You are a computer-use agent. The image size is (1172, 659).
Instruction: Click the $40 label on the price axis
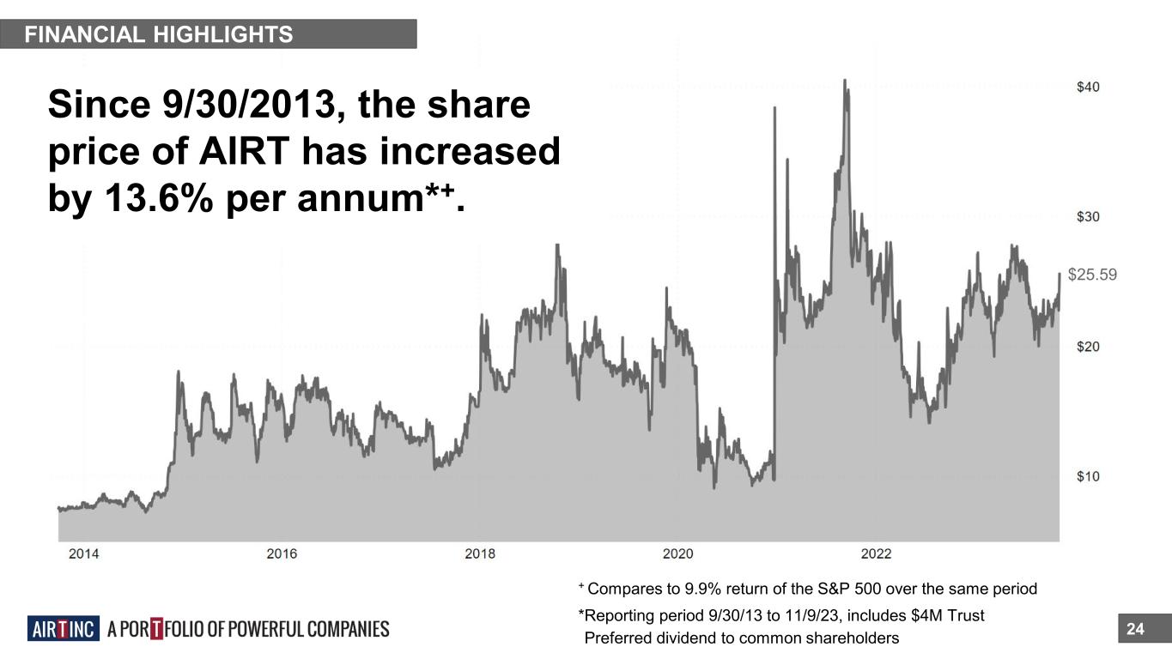pyautogui.click(x=1089, y=87)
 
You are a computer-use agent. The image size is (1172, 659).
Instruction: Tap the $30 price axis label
pyautogui.click(x=1089, y=216)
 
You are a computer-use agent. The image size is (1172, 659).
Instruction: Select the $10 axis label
pyautogui.click(x=1089, y=476)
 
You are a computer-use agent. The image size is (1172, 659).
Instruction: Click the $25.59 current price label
pyautogui.click(x=1092, y=275)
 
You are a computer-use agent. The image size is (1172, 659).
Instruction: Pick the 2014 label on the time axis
pyautogui.click(x=83, y=553)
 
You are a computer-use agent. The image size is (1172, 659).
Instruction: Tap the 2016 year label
pyautogui.click(x=282, y=553)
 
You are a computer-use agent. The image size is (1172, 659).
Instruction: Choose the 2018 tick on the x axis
pyautogui.click(x=480, y=553)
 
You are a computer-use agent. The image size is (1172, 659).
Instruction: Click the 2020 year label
pyautogui.click(x=678, y=553)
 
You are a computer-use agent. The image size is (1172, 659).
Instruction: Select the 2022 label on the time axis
pyautogui.click(x=877, y=553)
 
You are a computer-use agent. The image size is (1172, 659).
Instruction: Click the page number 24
pyautogui.click(x=1135, y=630)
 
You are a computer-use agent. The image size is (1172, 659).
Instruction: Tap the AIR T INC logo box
pyautogui.click(x=64, y=629)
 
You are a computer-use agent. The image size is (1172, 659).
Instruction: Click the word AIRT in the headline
pyautogui.click(x=249, y=152)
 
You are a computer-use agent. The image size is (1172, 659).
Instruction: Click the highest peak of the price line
pyautogui.click(x=845, y=81)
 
